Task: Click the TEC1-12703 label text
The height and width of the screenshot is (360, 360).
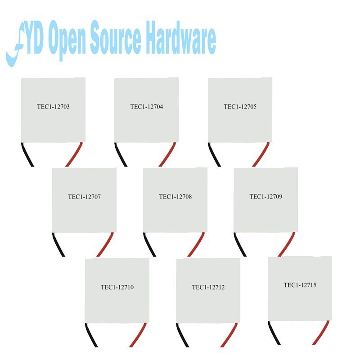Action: tap(53, 107)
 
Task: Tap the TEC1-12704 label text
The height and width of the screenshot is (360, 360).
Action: tap(147, 107)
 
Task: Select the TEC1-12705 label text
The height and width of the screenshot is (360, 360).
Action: tap(240, 107)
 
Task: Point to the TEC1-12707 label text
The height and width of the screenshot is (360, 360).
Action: tap(84, 197)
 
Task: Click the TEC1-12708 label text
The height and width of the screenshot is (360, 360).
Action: tap(175, 197)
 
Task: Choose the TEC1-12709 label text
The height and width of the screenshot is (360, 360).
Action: tap(266, 197)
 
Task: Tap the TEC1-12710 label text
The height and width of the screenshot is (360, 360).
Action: tap(117, 287)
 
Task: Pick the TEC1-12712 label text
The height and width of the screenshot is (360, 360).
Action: tap(208, 287)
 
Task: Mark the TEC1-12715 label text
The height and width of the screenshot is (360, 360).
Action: tap(300, 285)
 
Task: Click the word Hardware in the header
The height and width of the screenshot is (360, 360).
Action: tap(181, 38)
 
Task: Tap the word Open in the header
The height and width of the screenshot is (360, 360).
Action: tap(67, 40)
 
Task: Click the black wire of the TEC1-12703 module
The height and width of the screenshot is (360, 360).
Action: tap(27, 154)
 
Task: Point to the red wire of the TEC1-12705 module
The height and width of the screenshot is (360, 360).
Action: tap(261, 154)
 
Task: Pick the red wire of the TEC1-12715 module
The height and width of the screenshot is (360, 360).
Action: tap(321, 333)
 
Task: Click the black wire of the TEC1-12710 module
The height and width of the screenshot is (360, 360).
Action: tap(91, 335)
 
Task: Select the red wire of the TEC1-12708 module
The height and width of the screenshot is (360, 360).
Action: tap(196, 244)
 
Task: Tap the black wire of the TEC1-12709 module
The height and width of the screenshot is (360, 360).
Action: tap(240, 244)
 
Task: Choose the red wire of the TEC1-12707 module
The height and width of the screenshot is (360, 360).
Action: tap(105, 244)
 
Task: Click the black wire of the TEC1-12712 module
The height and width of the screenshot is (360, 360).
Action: tap(183, 335)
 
